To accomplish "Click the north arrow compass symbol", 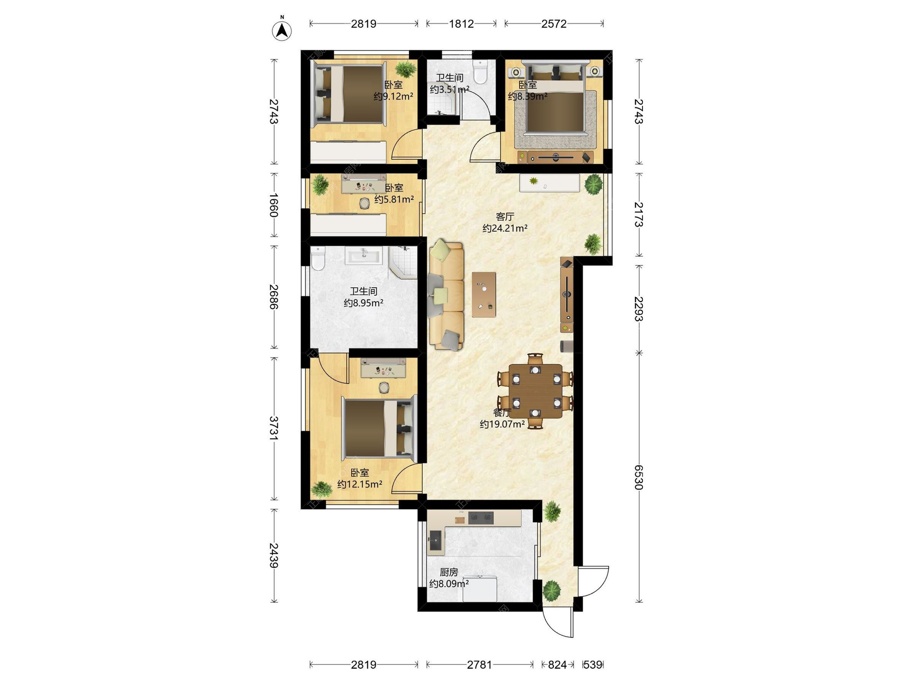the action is point(282,29).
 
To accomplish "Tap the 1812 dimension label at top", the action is point(461,24).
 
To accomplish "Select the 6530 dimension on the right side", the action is point(639,477).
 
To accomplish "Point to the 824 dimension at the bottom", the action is point(557,665).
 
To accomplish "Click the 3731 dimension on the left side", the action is point(274,428).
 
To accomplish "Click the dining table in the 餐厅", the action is point(535,391).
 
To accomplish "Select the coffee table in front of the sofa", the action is point(484,294).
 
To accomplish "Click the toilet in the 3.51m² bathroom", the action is point(480,71).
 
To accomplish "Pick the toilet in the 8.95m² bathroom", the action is point(318,258).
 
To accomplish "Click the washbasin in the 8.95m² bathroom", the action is point(364,255).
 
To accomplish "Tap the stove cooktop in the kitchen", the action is point(481,518).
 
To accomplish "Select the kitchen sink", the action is point(436,540).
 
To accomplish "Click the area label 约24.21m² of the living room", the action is point(505,228).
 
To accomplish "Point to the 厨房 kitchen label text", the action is point(449,572).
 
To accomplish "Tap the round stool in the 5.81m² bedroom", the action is point(364,204).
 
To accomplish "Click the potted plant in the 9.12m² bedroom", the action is point(406,69).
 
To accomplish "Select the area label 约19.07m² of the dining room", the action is point(502,424).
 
